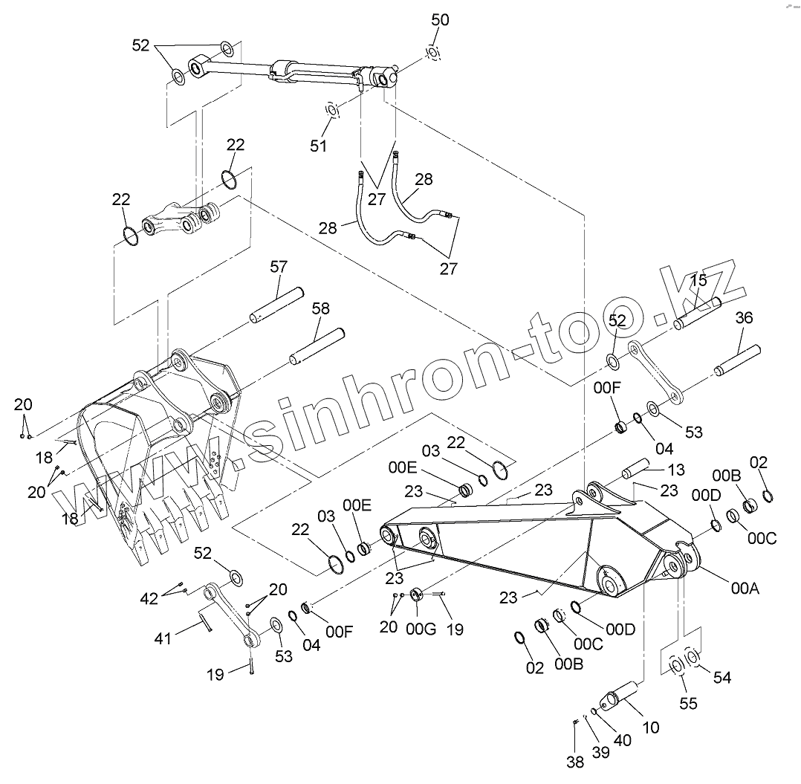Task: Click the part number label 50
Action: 441,20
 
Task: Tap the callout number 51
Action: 319,146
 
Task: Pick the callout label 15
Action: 698,280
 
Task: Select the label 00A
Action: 745,589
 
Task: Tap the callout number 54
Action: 722,677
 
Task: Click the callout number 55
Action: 689,703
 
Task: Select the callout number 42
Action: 150,597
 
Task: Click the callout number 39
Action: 600,752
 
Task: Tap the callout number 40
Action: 622,740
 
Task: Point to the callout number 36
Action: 744,318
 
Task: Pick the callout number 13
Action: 675,470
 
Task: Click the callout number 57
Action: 279,266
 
